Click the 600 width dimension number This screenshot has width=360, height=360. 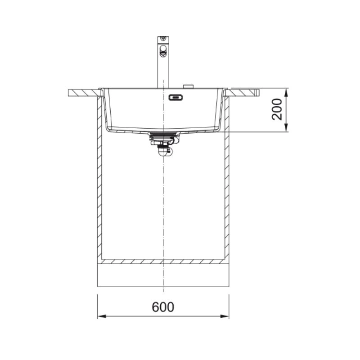163,307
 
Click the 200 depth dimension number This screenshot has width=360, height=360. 277,109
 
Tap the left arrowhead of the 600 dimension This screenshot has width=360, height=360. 102,316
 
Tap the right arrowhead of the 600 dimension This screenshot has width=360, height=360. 225,316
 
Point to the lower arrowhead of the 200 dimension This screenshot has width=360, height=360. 286,128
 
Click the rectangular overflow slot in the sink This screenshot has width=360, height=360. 175,98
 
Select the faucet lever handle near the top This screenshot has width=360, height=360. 163,51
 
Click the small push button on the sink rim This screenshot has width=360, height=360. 188,86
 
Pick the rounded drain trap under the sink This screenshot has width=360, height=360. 164,152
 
